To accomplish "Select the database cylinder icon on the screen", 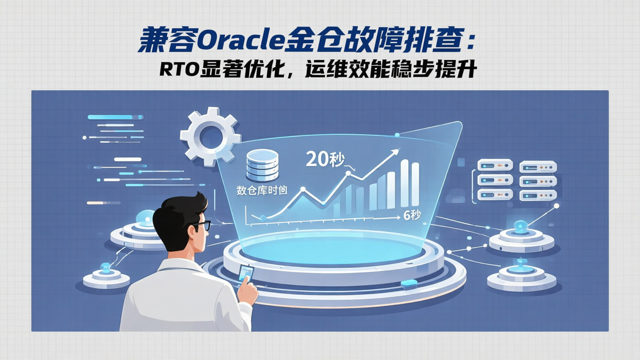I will coord(262,164).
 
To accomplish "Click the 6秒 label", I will coord(412,216).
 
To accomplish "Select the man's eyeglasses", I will coord(201,226).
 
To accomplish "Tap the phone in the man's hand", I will coord(245,273).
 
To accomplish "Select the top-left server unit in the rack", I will coord(495,165).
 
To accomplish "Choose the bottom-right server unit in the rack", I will coord(538,195).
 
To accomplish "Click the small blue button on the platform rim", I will coord(409,283).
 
